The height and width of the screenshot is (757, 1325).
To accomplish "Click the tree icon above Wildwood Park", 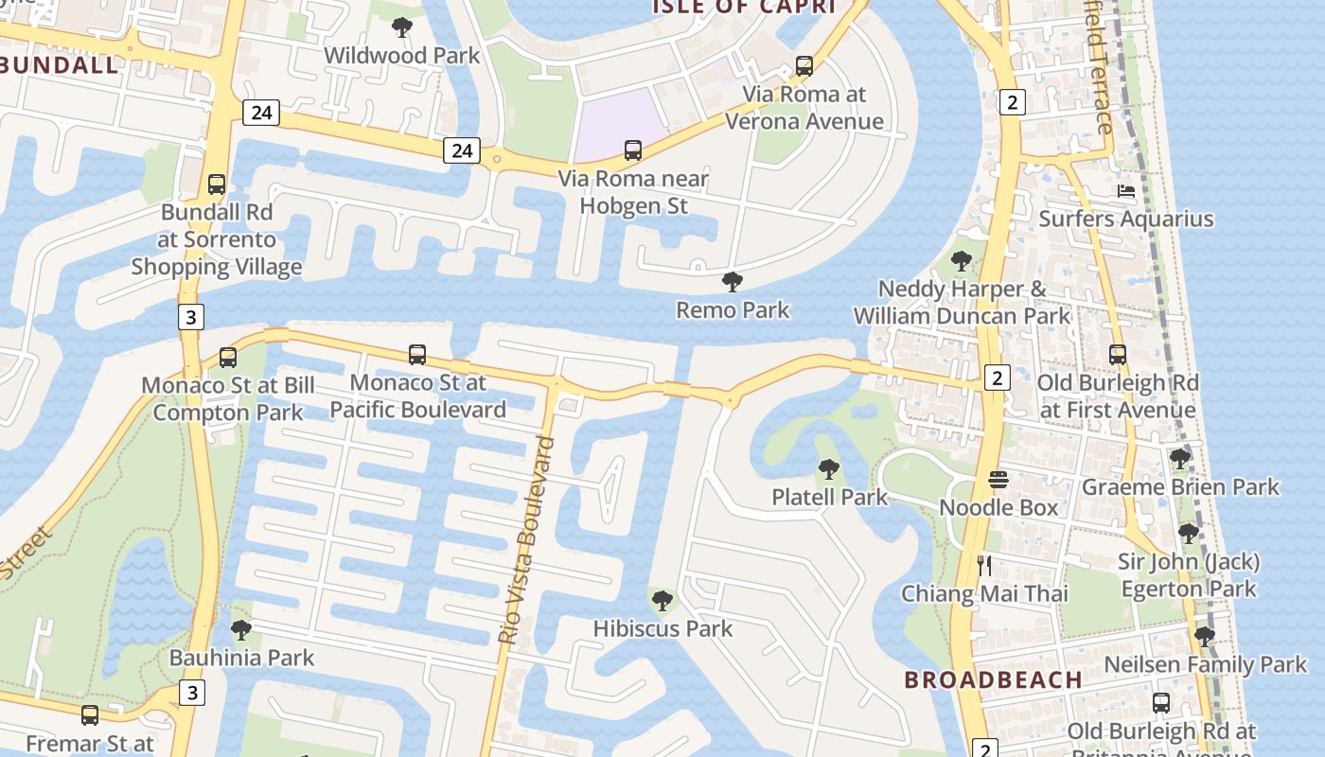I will click(402, 27).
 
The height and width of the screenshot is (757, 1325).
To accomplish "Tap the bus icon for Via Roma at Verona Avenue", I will click(804, 66).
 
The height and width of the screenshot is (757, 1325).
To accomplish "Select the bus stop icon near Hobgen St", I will click(633, 150).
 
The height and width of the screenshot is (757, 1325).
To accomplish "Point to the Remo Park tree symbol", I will click(732, 282).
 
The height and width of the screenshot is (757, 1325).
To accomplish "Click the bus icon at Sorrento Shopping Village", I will click(217, 185).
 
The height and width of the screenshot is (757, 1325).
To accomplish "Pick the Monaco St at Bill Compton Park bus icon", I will click(227, 358).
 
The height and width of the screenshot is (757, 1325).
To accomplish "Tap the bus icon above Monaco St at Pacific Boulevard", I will click(417, 355).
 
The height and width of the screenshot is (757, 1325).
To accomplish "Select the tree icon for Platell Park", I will click(829, 469).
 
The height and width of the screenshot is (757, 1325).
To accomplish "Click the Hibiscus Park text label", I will click(662, 628).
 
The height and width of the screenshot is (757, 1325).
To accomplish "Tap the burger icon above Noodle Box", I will click(998, 480).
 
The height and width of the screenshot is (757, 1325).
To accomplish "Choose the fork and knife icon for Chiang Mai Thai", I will click(984, 566).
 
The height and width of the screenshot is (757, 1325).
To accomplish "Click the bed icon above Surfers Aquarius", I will click(1125, 191).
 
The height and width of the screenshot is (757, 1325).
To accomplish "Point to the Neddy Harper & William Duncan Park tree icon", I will click(962, 261).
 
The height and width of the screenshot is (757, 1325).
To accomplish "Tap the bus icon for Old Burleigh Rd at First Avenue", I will click(1118, 355).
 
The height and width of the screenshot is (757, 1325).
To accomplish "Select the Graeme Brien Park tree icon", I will click(1179, 460).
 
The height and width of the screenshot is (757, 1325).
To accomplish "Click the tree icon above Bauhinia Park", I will click(241, 629).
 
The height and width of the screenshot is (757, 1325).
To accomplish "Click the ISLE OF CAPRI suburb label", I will click(745, 8).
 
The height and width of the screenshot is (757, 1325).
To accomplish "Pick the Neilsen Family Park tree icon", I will click(1204, 637).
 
